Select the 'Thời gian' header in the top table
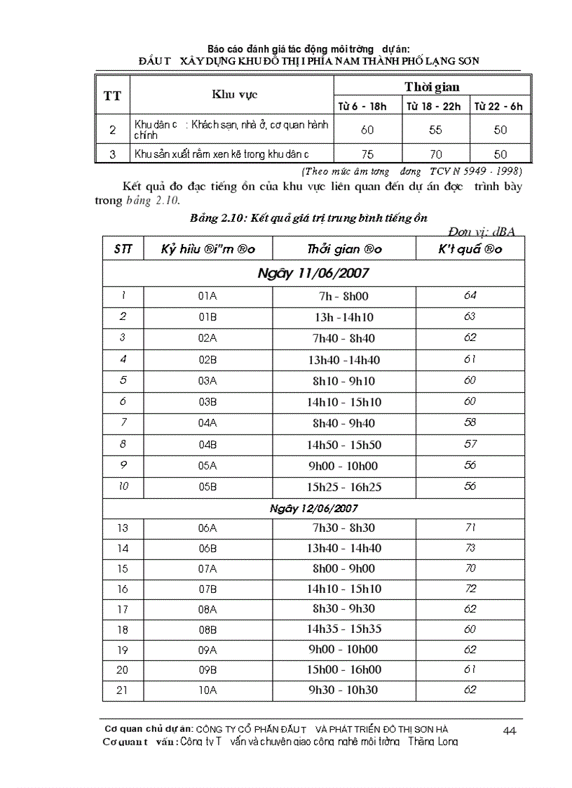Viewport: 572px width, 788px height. pyautogui.click(x=432, y=86)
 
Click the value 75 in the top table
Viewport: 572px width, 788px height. pyautogui.click(x=367, y=154)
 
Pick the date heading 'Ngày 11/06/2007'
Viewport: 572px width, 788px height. pyautogui.click(x=313, y=272)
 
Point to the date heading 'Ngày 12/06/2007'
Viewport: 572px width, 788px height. pyautogui.click(x=313, y=507)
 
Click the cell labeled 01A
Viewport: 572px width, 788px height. pyautogui.click(x=207, y=296)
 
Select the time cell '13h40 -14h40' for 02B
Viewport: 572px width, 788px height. pyautogui.click(x=343, y=360)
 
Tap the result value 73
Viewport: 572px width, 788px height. pyautogui.click(x=470, y=547)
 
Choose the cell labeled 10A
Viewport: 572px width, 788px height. pyautogui.click(x=207, y=690)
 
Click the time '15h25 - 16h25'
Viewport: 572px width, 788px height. pyautogui.click(x=343, y=487)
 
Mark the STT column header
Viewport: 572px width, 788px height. pyautogui.click(x=123, y=249)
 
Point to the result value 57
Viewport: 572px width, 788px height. pyautogui.click(x=470, y=444)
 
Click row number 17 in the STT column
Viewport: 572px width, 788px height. pyautogui.click(x=123, y=609)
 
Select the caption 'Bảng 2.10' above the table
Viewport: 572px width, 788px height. pyautogui.click(x=217, y=218)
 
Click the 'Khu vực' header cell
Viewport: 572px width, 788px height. pyautogui.click(x=232, y=95)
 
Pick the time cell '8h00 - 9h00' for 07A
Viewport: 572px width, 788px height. pyautogui.click(x=343, y=568)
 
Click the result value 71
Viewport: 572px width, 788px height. pyautogui.click(x=470, y=527)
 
